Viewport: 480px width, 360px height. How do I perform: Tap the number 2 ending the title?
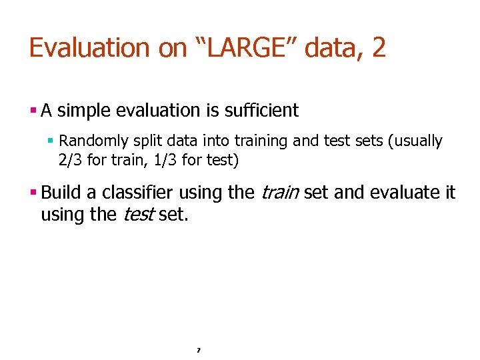[x=379, y=48]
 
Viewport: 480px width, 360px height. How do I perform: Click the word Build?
[x=61, y=193]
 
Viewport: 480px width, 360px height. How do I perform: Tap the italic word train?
[x=280, y=193]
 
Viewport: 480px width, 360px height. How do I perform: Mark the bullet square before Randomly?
[x=51, y=141]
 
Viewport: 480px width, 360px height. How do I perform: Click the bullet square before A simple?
[x=33, y=110]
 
